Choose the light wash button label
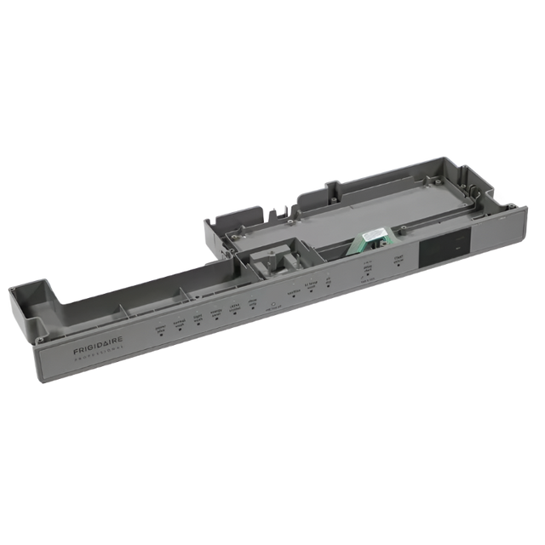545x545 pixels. pyautogui.click(x=198, y=318)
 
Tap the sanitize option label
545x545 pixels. pyautogui.click(x=292, y=291)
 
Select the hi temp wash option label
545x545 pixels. pyautogui.click(x=313, y=285)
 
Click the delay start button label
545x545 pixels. pyautogui.click(x=368, y=269)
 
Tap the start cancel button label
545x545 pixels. pyautogui.click(x=397, y=260)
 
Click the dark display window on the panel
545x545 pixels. pyautogui.click(x=441, y=248)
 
